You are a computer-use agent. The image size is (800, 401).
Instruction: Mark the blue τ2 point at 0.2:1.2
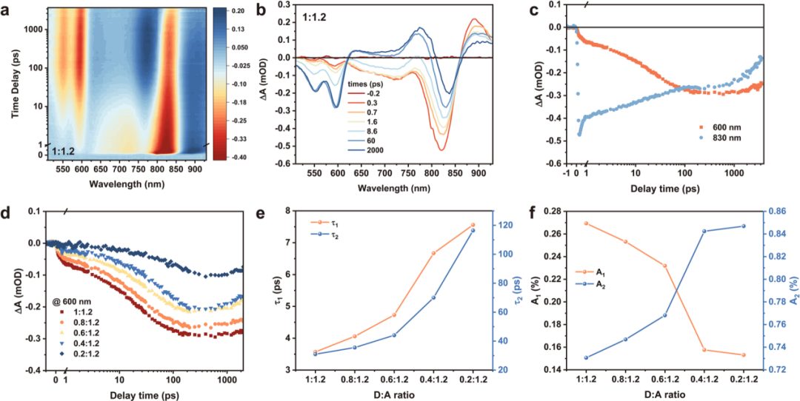(472, 230)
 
